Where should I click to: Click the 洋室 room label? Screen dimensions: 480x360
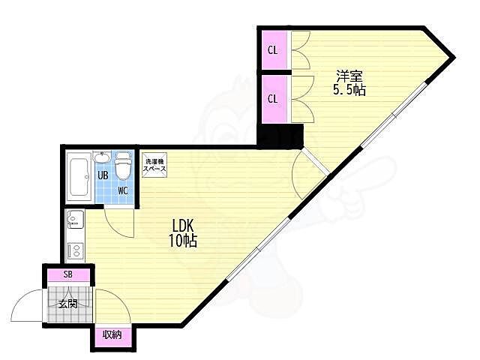[x=349, y=76]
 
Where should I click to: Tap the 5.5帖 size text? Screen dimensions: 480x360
[x=349, y=90]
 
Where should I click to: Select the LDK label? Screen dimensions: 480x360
[x=183, y=226]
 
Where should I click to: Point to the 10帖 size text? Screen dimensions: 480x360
[x=183, y=241]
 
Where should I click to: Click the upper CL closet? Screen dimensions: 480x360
[x=274, y=50]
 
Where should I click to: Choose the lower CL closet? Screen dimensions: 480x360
[x=274, y=99]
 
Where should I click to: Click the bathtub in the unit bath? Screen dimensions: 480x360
[x=79, y=177]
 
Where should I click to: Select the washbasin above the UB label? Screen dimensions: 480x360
[x=102, y=158]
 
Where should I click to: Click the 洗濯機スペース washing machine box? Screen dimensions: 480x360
[x=154, y=165]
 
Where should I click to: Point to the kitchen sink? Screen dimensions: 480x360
[x=75, y=219]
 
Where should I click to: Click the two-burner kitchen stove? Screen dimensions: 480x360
[x=75, y=250]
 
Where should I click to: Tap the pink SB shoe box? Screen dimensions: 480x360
[x=68, y=275]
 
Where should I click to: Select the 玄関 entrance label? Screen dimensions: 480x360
[x=68, y=304]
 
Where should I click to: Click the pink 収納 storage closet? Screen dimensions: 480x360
[x=112, y=337]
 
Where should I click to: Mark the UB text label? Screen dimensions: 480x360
[x=103, y=175]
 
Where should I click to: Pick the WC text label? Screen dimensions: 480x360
[x=123, y=190]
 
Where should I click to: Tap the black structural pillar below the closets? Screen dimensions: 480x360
[x=280, y=136]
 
